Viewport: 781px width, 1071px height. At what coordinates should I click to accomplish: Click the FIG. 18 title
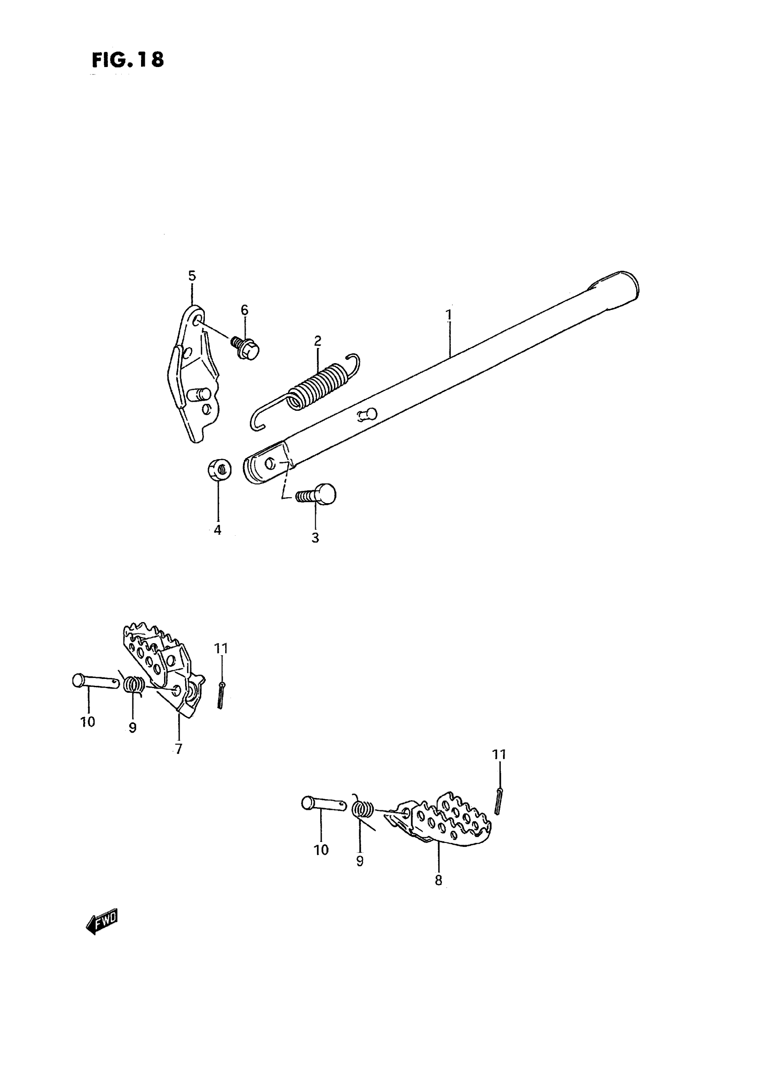128,60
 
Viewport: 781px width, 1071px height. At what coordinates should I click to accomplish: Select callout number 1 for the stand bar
449,314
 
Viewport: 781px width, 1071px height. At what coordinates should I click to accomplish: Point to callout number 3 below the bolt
315,538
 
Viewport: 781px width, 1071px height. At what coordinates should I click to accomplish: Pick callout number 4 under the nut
217,530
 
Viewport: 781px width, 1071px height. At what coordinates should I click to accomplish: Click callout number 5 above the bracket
192,276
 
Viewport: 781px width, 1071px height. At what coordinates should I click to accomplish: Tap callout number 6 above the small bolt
244,310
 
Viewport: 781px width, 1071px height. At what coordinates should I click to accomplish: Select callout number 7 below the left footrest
178,749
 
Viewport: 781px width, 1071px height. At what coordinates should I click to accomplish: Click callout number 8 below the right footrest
438,880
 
